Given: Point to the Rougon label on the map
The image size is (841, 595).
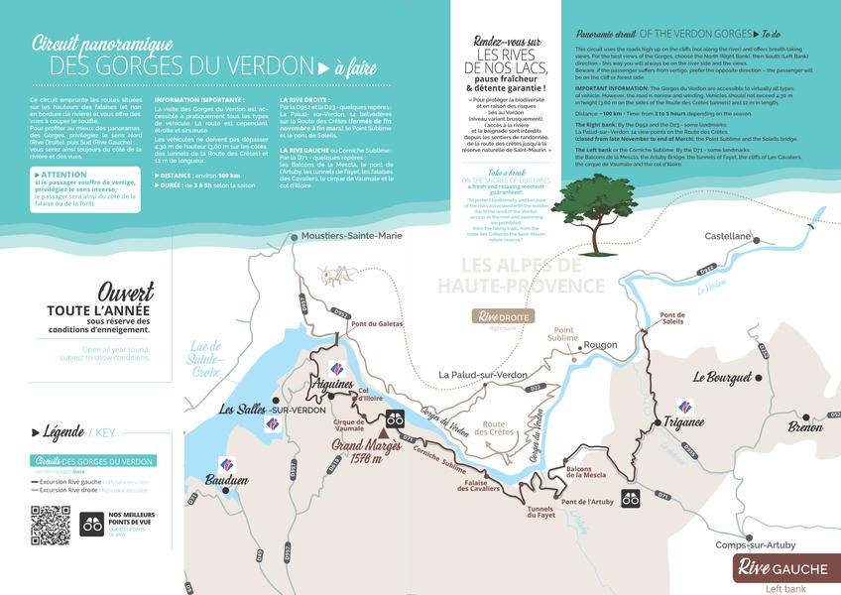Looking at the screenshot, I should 601,346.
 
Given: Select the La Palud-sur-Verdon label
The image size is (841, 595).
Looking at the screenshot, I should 483,375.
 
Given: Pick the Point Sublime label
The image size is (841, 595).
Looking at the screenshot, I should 564,334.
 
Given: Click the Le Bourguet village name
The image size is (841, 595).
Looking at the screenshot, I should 726,377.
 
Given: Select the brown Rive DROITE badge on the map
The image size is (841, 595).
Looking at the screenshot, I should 504,316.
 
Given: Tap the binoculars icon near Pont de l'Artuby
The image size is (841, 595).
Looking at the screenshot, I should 631,498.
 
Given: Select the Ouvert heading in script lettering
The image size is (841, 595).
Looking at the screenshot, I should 126,293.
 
